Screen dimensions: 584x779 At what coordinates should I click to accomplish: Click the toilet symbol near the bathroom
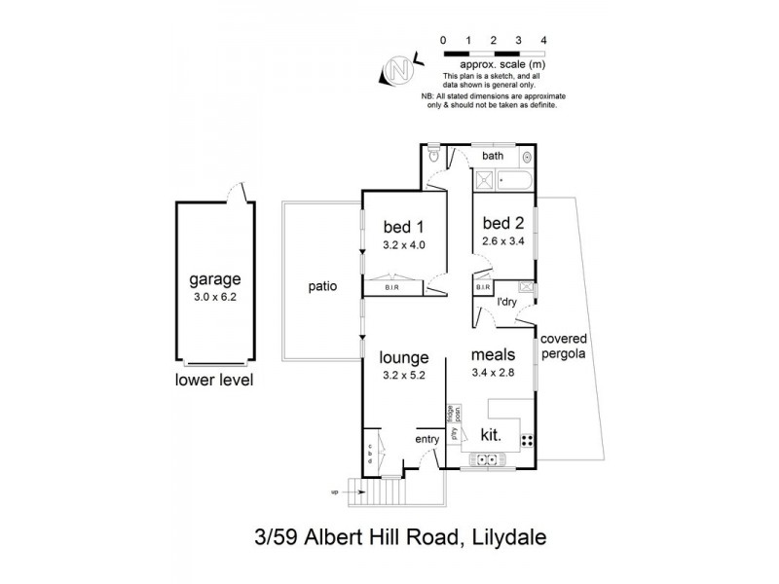pyautogui.click(x=434, y=155)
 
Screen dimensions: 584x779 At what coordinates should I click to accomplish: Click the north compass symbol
pyautogui.click(x=397, y=70)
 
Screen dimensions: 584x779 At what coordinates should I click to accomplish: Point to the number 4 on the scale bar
pyautogui.click(x=543, y=40)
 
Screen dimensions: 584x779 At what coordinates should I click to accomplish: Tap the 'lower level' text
pyautogui.click(x=213, y=380)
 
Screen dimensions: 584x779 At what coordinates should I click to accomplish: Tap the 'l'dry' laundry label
pyautogui.click(x=506, y=304)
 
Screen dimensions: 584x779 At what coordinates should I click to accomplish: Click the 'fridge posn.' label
pyautogui.click(x=452, y=416)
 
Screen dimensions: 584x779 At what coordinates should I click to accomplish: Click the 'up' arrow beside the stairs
pyautogui.click(x=337, y=493)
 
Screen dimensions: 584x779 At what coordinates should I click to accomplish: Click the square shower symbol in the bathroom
pyautogui.click(x=483, y=179)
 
